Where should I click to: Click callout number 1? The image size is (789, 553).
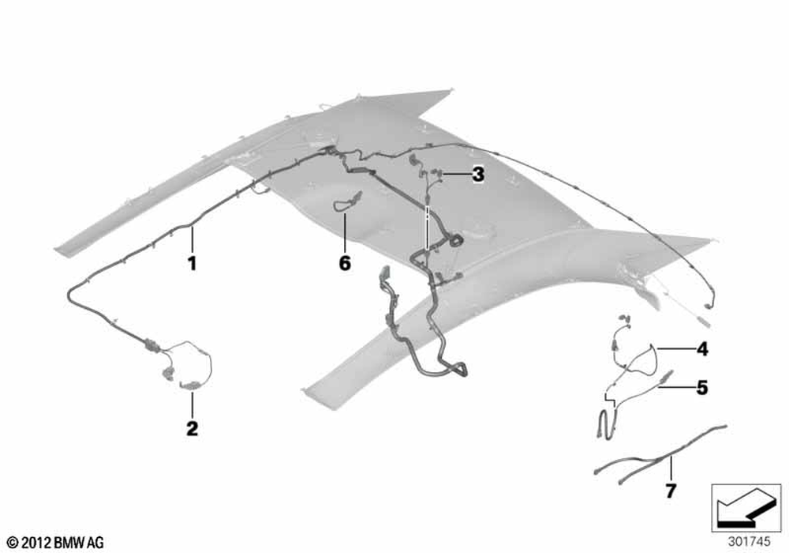192,263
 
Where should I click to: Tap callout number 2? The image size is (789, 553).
193,429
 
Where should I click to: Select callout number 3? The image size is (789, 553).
478,175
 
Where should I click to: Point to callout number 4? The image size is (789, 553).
702,348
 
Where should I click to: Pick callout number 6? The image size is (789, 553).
345,263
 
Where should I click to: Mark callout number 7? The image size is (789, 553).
671,491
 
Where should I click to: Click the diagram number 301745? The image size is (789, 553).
749,542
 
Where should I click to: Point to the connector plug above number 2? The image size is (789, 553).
189,386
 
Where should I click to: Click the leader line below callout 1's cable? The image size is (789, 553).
192,239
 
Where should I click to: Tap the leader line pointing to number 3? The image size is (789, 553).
454,175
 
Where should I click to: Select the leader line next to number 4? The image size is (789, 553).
675,348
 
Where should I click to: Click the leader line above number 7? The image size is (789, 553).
671,468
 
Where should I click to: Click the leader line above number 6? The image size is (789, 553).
345,233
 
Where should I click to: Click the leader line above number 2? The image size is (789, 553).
192,405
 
